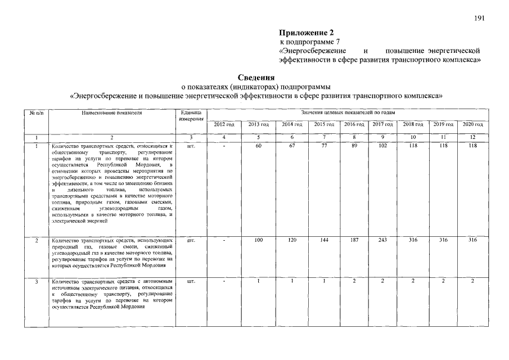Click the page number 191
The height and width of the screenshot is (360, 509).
(479, 18)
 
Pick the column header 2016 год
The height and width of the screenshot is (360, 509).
(354, 124)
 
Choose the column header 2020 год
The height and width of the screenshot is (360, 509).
(472, 124)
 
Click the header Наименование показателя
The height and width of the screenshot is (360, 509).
(111, 113)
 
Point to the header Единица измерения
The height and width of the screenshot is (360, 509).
(191, 116)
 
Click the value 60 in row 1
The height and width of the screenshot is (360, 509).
(258, 146)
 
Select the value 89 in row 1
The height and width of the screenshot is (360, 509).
(354, 146)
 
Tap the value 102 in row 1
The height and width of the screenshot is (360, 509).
(382, 146)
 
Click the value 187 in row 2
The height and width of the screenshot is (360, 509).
(354, 240)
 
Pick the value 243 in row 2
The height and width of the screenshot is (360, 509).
(382, 240)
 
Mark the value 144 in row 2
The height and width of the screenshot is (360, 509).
(324, 240)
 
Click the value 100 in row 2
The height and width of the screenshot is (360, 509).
(258, 240)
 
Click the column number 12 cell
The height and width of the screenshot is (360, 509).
(472, 137)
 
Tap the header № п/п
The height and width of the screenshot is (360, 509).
(36, 113)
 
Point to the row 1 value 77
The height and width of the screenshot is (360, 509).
(324, 146)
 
